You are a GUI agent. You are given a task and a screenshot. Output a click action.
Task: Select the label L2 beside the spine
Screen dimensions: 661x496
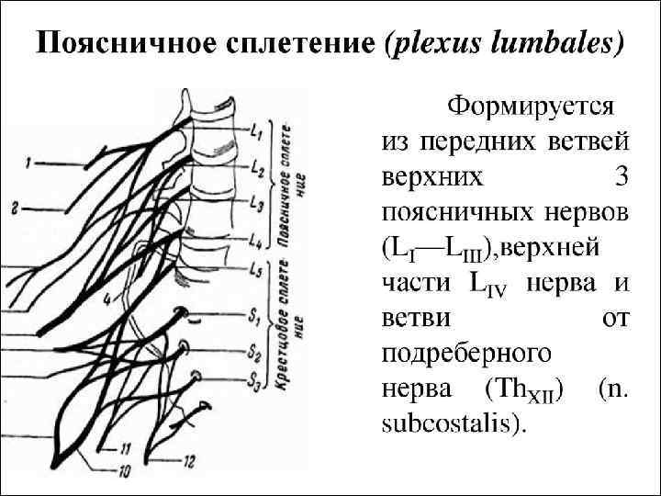coord(257,171)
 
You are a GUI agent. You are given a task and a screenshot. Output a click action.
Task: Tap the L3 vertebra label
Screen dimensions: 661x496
coord(258,204)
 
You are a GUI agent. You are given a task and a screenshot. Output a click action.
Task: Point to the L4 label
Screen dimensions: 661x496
coord(257,240)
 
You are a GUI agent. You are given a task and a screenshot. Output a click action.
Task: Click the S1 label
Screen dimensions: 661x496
coord(254,316)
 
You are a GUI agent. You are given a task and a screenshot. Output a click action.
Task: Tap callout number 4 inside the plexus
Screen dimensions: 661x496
coord(107,299)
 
